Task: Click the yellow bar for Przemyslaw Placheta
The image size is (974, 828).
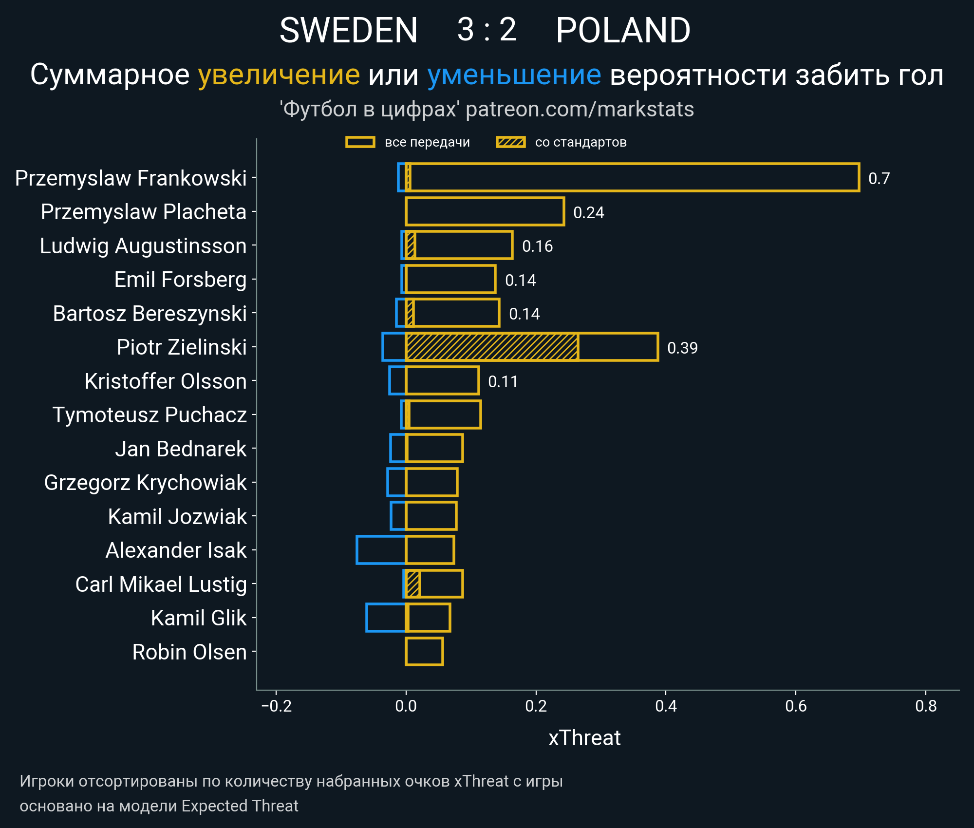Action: point(485,212)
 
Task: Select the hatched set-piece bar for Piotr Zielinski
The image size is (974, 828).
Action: point(492,347)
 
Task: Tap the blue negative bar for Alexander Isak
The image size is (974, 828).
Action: point(381,550)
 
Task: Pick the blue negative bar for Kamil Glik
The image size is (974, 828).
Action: point(386,618)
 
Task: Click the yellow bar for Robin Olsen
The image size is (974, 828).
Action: point(424,652)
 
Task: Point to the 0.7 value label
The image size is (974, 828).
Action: point(879,178)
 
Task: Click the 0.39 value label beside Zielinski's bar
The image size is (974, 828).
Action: point(682,348)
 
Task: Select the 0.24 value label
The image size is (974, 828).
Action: point(588,212)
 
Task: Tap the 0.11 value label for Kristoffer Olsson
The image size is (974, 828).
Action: point(503,381)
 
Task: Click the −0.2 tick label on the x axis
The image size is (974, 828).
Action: point(276,706)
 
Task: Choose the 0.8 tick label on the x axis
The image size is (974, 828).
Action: point(926,706)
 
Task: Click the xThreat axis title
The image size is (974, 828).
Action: point(584,738)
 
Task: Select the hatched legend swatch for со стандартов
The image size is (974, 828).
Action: point(510,142)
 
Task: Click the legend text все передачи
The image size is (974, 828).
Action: point(427,142)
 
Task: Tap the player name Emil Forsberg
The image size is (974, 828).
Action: point(180,280)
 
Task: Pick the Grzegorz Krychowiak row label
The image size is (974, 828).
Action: point(145,483)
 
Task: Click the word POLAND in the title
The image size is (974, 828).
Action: point(623,30)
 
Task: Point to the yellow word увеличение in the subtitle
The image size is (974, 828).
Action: point(279,75)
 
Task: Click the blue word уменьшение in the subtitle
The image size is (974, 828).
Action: point(514,75)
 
